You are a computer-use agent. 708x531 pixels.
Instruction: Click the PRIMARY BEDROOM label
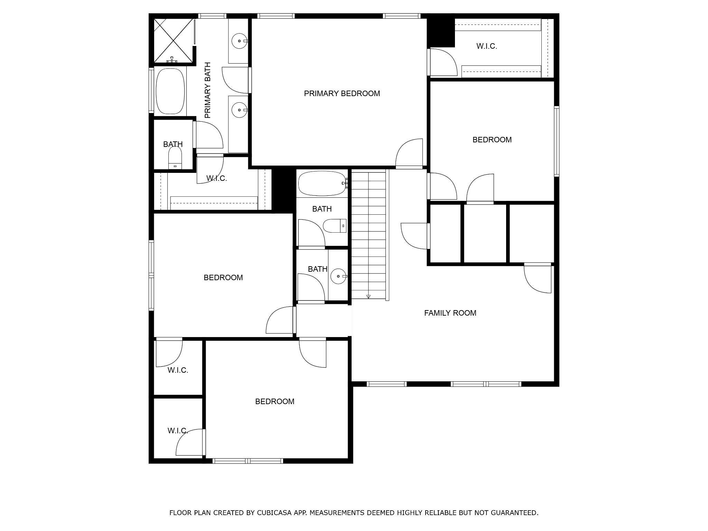342,93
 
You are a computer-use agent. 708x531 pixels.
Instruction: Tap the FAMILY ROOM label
450,313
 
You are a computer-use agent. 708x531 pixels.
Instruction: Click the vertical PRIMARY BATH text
207,90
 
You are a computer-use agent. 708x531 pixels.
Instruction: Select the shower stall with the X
173,41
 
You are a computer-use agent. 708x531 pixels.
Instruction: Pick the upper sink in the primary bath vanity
239,41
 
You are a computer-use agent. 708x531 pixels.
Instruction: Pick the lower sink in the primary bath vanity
239,110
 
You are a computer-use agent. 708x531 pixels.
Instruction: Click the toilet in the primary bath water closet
175,158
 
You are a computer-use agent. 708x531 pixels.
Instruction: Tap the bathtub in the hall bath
322,184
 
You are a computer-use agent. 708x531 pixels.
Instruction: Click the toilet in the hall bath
335,226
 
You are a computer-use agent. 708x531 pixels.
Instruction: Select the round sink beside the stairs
339,276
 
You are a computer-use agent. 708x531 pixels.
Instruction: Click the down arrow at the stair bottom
369,296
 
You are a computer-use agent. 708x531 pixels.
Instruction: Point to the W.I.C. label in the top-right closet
487,46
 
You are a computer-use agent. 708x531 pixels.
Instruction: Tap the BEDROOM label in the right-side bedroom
492,140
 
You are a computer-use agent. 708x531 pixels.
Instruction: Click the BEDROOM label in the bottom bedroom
275,401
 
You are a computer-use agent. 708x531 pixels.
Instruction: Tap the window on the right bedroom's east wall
557,141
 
